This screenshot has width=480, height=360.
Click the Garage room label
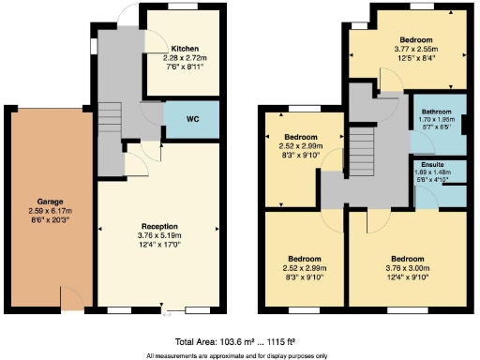tap(50, 202)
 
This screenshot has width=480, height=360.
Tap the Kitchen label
tap(185, 49)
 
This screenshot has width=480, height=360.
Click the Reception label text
tap(159, 226)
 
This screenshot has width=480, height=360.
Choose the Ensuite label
tap(433, 162)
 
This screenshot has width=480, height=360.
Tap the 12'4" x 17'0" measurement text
tap(159, 246)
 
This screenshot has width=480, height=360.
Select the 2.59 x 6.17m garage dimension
tap(50, 212)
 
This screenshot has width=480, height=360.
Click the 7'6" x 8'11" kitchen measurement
tap(185, 67)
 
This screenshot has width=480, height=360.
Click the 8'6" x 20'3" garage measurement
tap(50, 221)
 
